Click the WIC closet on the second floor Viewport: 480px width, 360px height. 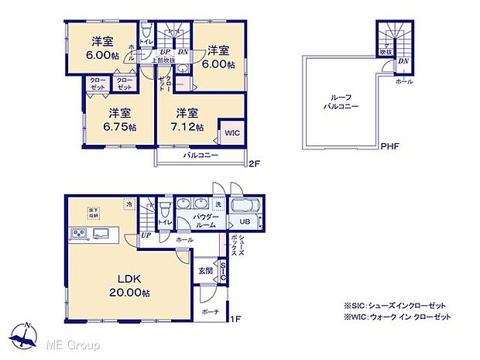pos(231,132)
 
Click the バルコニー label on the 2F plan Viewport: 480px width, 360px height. pos(200,156)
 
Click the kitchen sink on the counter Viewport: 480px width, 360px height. pos(101,234)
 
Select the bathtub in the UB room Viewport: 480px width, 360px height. pos(246,207)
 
